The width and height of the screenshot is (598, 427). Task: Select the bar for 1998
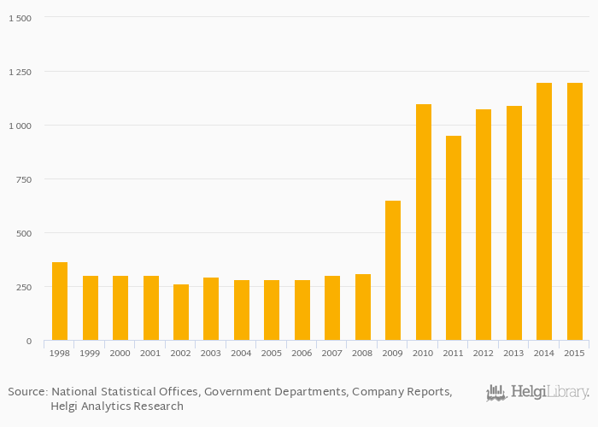tap(60, 301)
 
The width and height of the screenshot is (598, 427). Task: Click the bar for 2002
tap(181, 313)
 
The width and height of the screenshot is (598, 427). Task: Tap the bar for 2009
tap(393, 271)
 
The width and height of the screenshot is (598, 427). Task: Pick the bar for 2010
tap(424, 222)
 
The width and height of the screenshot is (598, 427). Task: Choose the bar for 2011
tap(454, 238)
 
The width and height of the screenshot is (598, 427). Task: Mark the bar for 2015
tap(575, 212)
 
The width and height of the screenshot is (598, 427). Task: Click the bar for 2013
tap(514, 223)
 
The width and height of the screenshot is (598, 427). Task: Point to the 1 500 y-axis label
tap(19, 18)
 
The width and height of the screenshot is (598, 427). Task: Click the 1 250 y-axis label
tap(19, 72)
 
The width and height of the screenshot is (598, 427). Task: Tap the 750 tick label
tap(23, 179)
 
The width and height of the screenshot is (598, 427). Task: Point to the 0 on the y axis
tap(28, 342)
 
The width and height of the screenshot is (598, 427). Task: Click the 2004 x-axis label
tap(242, 353)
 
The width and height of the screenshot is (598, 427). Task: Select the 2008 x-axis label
tap(363, 353)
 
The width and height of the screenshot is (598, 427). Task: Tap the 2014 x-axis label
tap(545, 353)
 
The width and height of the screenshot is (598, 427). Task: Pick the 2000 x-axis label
tap(120, 353)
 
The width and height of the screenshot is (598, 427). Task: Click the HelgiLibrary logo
tap(538, 393)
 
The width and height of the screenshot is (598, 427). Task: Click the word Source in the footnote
tap(27, 392)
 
